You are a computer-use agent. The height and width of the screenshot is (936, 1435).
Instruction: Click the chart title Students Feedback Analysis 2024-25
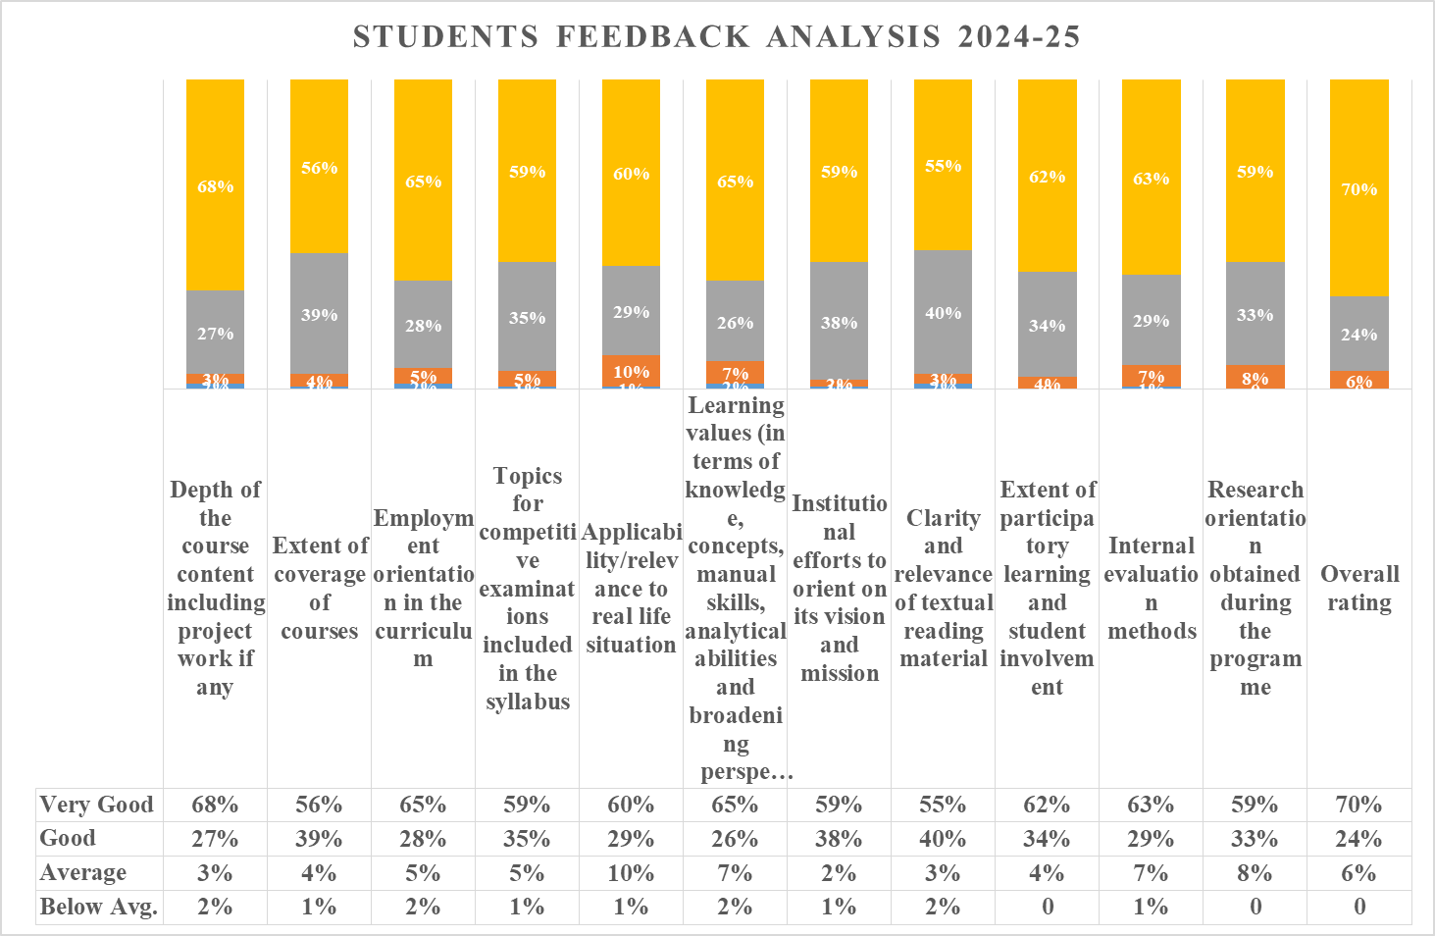point(716,37)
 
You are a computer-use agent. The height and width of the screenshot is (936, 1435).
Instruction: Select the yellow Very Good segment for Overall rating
point(1358,186)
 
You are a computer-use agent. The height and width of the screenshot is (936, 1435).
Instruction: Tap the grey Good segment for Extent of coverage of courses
point(319,314)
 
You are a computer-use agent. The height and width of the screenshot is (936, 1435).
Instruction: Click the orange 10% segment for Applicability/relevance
point(631,371)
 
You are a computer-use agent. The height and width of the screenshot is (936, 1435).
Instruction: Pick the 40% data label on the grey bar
point(943,313)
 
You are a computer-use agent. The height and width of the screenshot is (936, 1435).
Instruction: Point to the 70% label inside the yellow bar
point(1358,189)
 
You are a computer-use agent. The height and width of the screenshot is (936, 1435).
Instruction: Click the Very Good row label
point(96,805)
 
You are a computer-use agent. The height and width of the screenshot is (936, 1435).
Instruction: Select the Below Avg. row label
point(98,907)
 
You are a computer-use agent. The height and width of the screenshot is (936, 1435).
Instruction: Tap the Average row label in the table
point(83,872)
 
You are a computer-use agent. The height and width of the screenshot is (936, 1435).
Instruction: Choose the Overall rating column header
point(1358,588)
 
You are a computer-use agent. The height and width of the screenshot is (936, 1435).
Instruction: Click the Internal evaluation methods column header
point(1151,588)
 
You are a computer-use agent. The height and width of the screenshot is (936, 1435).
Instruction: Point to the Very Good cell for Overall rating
point(1358,805)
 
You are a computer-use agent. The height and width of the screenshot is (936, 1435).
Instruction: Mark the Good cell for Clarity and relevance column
point(943,839)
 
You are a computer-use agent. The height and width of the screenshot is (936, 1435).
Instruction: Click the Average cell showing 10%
point(631,872)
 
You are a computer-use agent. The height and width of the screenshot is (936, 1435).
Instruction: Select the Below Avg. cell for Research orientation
point(1255,907)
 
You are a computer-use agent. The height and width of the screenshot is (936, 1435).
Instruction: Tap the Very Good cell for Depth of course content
point(215,805)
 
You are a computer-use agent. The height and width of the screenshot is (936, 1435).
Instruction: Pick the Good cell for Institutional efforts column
point(839,839)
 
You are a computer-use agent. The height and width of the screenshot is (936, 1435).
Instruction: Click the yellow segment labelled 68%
point(215,184)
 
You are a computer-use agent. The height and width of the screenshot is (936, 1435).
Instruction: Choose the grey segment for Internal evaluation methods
point(1151,320)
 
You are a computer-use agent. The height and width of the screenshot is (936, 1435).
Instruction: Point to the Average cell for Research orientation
point(1255,872)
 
